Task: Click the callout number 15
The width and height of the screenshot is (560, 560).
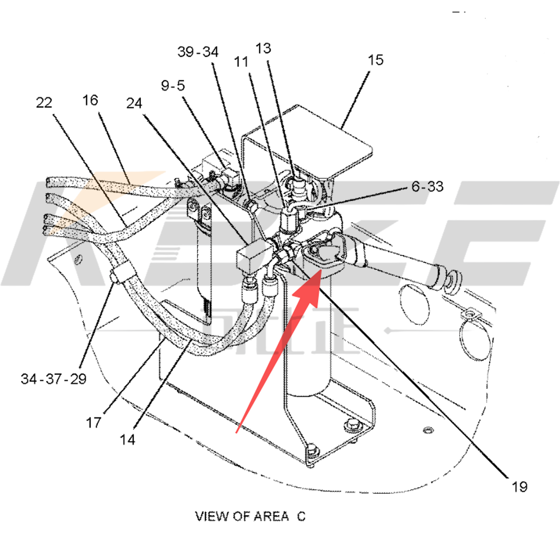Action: point(375,60)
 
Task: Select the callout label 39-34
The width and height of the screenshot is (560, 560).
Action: point(198,52)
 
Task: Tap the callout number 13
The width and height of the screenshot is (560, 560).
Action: point(263,48)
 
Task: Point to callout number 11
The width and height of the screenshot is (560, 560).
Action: point(241,62)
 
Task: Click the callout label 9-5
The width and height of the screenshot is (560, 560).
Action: point(173,85)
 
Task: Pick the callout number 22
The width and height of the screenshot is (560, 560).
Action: point(44,103)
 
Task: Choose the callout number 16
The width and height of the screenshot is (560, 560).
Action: point(90,100)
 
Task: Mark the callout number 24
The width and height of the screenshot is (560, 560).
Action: point(134,103)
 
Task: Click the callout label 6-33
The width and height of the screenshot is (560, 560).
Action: point(427,187)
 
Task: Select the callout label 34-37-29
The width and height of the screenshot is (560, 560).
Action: point(54,378)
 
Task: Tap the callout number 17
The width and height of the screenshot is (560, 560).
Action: point(93,423)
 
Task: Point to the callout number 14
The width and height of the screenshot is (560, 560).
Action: point(127,440)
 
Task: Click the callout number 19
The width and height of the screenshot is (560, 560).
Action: point(519,487)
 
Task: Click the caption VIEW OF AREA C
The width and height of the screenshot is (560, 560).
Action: point(250,516)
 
